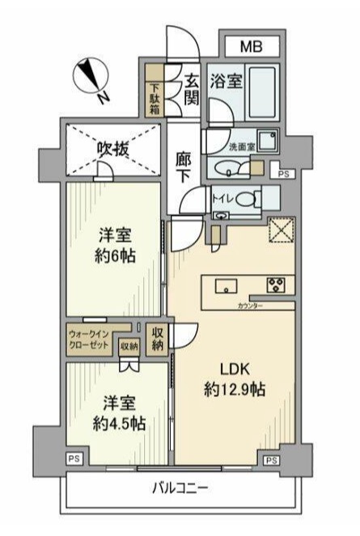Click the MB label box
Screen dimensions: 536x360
250,46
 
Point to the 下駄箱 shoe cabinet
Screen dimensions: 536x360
154,99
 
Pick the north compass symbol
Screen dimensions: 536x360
91,78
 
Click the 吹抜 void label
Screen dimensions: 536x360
113,149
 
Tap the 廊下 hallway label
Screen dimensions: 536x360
184,168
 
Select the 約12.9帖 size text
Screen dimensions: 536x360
235,389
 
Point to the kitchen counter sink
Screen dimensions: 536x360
226,285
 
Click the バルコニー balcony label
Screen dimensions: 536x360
180,489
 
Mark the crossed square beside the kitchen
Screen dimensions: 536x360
281,231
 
